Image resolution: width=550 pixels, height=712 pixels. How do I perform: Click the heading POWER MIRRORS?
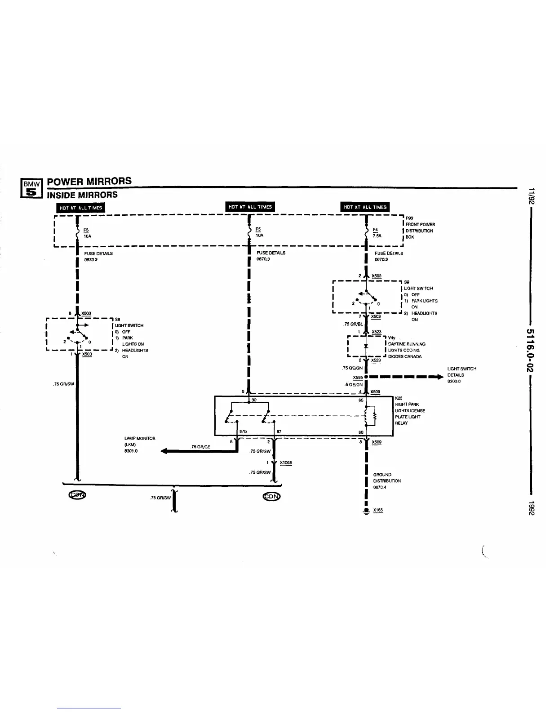click(x=89, y=181)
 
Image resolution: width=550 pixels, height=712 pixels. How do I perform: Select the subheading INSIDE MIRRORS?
click(x=82, y=195)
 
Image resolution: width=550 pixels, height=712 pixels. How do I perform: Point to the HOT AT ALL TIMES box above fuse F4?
click(x=365, y=207)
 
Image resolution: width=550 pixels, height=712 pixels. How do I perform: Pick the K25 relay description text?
click(x=409, y=410)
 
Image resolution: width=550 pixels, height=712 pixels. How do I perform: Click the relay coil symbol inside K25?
click(x=371, y=416)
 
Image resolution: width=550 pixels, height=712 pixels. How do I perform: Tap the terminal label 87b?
click(x=243, y=432)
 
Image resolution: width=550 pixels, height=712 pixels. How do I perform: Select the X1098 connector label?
click(x=286, y=463)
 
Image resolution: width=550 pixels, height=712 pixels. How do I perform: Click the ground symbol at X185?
click(x=367, y=511)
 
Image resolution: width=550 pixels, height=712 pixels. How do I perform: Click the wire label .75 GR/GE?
click(x=200, y=446)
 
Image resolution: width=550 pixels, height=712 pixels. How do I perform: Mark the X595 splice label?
click(x=358, y=378)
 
